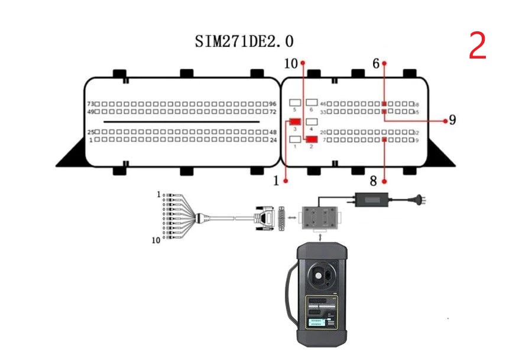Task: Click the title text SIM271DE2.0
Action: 244,41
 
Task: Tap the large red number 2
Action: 478,46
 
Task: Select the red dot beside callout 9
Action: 445,120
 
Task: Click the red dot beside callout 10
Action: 303,62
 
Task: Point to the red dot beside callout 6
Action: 384,63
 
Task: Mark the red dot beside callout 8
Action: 384,180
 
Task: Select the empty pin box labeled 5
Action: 295,103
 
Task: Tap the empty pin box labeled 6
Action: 312,103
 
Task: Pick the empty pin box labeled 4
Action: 312,121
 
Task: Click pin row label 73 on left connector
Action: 91,103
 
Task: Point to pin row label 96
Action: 273,103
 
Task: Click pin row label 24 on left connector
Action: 274,140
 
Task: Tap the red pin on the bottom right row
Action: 384,140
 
